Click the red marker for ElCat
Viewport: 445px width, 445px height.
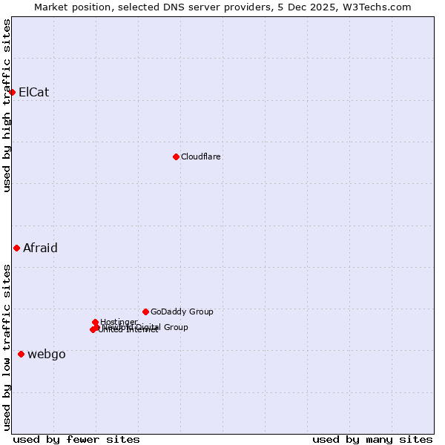[13, 92]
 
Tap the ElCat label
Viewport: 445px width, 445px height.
[33, 93]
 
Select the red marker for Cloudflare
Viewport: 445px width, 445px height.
[176, 156]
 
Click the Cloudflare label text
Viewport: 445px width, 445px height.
[200, 157]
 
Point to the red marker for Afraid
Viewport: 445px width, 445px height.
[16, 248]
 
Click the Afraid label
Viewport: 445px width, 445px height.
[40, 248]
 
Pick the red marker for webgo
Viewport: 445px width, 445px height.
[21, 355]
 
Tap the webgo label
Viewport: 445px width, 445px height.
[46, 355]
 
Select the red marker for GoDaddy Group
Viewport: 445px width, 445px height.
[145, 311]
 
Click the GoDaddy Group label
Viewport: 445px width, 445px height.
[181, 312]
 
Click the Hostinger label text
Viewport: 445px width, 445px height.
[119, 322]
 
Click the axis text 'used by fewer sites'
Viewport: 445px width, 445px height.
[76, 439]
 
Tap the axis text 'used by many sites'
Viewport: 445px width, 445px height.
[372, 439]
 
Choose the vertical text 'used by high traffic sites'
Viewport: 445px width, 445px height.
[7, 105]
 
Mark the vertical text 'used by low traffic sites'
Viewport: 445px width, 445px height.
[7, 346]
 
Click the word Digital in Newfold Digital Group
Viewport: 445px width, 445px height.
[150, 327]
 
